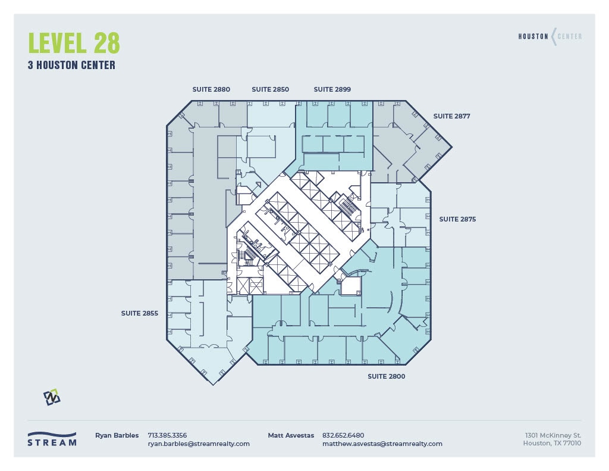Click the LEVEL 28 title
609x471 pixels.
(x=74, y=43)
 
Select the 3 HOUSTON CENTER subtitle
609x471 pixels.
(x=71, y=65)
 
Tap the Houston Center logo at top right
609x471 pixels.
(x=550, y=36)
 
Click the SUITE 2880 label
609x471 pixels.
(x=211, y=89)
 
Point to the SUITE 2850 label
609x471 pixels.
(x=270, y=89)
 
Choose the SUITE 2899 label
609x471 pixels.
(x=332, y=89)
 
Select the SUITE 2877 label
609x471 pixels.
(x=451, y=116)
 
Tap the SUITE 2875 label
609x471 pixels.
(x=457, y=219)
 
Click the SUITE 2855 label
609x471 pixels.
(x=139, y=313)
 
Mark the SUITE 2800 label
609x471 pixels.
(x=386, y=376)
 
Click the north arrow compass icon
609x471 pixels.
(x=52, y=397)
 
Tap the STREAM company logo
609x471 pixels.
(x=52, y=439)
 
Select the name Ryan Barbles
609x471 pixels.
(x=117, y=435)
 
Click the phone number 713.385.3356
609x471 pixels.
(x=167, y=435)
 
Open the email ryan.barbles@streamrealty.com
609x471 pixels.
(x=199, y=444)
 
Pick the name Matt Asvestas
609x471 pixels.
(x=291, y=435)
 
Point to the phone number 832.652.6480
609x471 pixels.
(x=343, y=435)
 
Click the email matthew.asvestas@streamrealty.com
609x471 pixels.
(x=382, y=444)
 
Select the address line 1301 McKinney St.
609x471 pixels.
(x=553, y=435)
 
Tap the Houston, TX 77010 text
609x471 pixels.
(x=552, y=444)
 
